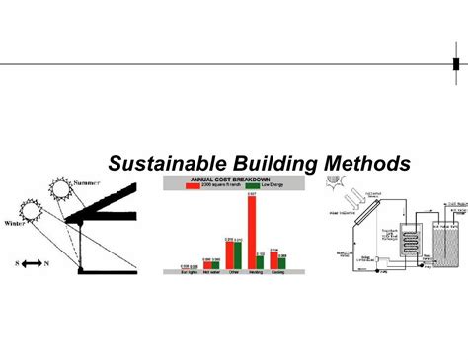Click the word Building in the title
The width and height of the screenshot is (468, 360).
click(x=260, y=162)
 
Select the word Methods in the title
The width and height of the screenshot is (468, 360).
click(x=350, y=162)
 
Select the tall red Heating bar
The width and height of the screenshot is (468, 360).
click(x=252, y=233)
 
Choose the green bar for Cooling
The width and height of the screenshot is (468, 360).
click(x=282, y=263)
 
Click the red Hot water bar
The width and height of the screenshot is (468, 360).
click(x=204, y=265)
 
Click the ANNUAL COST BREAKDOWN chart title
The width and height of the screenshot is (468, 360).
click(x=235, y=179)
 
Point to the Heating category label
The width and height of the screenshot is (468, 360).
click(x=255, y=273)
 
